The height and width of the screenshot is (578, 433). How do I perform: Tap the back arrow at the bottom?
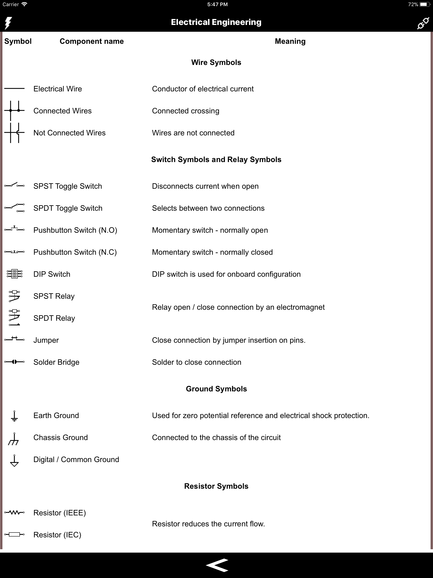point(217,565)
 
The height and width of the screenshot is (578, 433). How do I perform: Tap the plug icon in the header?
point(423,23)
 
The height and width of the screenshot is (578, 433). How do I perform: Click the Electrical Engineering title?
point(216,22)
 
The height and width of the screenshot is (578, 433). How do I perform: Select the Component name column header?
point(92,41)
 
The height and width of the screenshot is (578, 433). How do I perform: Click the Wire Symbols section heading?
point(216,62)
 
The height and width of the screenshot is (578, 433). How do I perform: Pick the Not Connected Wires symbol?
point(14,133)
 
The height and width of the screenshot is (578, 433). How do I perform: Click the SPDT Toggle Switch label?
point(68,208)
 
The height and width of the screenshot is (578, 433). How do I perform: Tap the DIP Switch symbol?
point(14,274)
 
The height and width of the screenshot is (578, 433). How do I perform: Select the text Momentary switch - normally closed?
point(212,252)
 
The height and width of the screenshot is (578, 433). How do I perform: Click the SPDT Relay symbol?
point(14,318)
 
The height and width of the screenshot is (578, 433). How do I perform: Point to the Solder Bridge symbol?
point(14,362)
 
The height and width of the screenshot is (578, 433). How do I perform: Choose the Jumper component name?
point(46,340)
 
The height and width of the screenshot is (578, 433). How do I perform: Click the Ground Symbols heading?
point(216,389)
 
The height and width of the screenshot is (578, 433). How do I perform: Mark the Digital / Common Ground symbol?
point(14,460)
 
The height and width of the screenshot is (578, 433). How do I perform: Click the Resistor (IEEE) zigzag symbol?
point(14,512)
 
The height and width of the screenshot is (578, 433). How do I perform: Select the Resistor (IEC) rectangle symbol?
point(14,534)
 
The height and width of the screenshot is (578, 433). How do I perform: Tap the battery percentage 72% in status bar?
point(413,4)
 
